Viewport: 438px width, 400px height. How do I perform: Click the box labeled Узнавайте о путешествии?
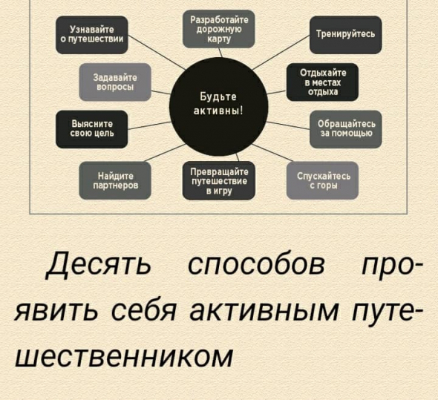[92, 35]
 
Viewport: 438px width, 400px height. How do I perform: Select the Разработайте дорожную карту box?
[219, 29]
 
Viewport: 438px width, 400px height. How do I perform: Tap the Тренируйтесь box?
[345, 35]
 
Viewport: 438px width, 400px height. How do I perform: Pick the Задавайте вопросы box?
[115, 82]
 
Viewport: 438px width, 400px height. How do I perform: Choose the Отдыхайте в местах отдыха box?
[322, 82]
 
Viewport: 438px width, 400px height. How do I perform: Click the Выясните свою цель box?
[92, 129]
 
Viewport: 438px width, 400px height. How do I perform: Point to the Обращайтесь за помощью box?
[345, 129]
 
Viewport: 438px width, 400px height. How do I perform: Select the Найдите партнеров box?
[115, 181]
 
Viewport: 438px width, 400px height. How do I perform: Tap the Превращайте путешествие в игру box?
[219, 181]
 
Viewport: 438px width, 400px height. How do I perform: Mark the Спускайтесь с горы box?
[322, 181]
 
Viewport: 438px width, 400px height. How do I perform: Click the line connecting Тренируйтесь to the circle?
[281, 53]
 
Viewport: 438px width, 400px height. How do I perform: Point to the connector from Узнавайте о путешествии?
[157, 53]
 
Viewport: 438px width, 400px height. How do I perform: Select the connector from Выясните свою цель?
[149, 125]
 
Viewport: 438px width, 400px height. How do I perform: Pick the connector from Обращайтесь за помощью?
[288, 125]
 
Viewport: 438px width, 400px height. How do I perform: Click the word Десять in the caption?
[99, 263]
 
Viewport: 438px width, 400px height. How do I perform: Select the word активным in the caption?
[264, 310]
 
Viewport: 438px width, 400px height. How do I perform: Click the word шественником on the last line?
[124, 357]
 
